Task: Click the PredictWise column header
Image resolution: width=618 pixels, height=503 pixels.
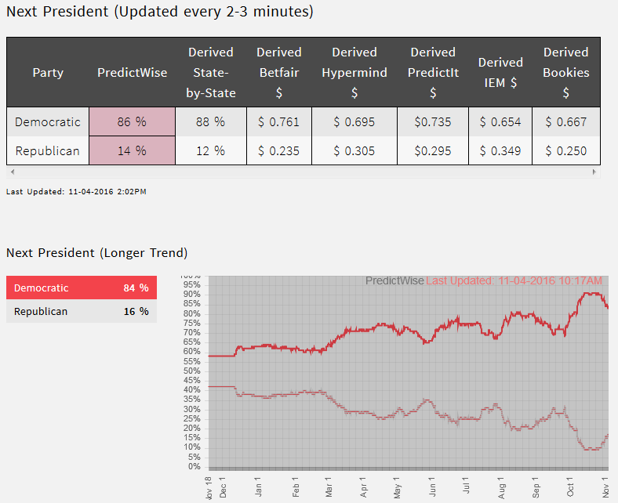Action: click(x=132, y=73)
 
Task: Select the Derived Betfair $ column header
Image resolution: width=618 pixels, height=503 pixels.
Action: click(x=278, y=73)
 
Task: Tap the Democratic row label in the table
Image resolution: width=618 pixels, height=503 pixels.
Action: click(x=48, y=122)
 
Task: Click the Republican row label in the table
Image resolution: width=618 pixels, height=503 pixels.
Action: click(x=48, y=151)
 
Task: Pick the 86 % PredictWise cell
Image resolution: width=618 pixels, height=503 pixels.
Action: click(x=132, y=122)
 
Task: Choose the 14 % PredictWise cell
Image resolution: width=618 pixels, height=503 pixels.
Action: click(x=132, y=151)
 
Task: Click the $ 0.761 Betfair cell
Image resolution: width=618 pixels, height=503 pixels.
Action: click(x=278, y=122)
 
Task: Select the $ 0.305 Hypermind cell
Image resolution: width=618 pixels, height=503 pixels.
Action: click(x=354, y=151)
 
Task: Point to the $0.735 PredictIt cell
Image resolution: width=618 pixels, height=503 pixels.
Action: click(x=433, y=122)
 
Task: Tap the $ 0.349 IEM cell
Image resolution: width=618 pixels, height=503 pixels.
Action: click(x=500, y=151)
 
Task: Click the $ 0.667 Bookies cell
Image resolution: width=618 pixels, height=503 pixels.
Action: click(x=565, y=122)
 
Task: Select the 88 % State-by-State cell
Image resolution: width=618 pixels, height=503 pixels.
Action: click(x=210, y=122)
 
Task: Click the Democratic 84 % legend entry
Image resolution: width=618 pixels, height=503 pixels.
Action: click(x=82, y=288)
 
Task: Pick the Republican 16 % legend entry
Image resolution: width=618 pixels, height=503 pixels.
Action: click(x=82, y=312)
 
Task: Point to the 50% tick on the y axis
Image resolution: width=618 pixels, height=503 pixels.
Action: click(x=192, y=371)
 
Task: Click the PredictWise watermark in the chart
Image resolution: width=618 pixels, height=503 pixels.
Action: click(x=394, y=280)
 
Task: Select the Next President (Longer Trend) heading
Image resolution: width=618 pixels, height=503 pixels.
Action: click(x=97, y=253)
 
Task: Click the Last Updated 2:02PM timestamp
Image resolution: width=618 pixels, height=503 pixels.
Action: click(x=76, y=191)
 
